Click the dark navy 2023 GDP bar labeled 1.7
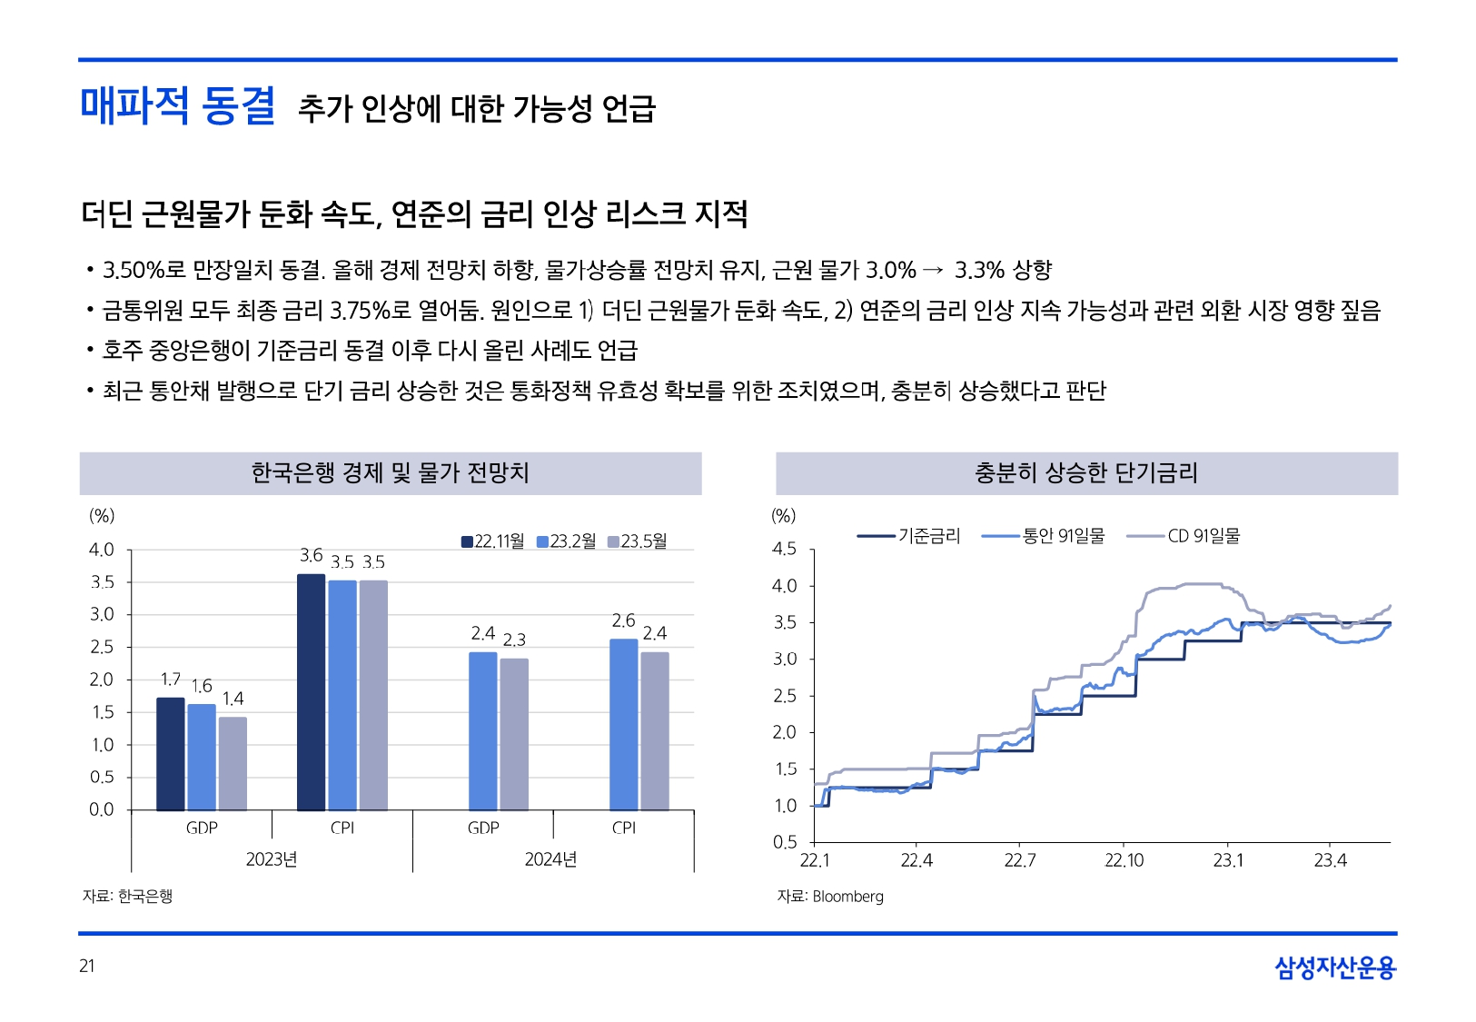pyautogui.click(x=171, y=754)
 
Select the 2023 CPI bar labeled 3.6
pyautogui.click(x=311, y=692)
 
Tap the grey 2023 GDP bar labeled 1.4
pyautogui.click(x=233, y=763)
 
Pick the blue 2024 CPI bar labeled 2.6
pyautogui.click(x=623, y=724)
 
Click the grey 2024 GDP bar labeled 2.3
pyautogui.click(x=514, y=734)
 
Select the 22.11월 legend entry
pyautogui.click(x=493, y=541)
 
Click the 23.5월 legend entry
pyautogui.click(x=637, y=541)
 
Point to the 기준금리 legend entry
pyautogui.click(x=908, y=536)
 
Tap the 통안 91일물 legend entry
pyautogui.click(x=1044, y=536)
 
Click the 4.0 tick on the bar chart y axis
pyautogui.click(x=102, y=550)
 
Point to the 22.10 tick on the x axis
pyautogui.click(x=1124, y=860)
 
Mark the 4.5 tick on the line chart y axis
pyautogui.click(x=784, y=549)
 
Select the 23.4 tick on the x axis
pyautogui.click(x=1330, y=860)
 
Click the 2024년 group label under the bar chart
pyautogui.click(x=550, y=859)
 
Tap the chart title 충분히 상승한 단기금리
pyautogui.click(x=1086, y=473)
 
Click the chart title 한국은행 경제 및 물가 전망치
pyautogui.click(x=390, y=473)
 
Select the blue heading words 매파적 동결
pyautogui.click(x=178, y=105)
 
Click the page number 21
pyautogui.click(x=87, y=966)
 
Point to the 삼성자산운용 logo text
pyautogui.click(x=1334, y=967)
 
